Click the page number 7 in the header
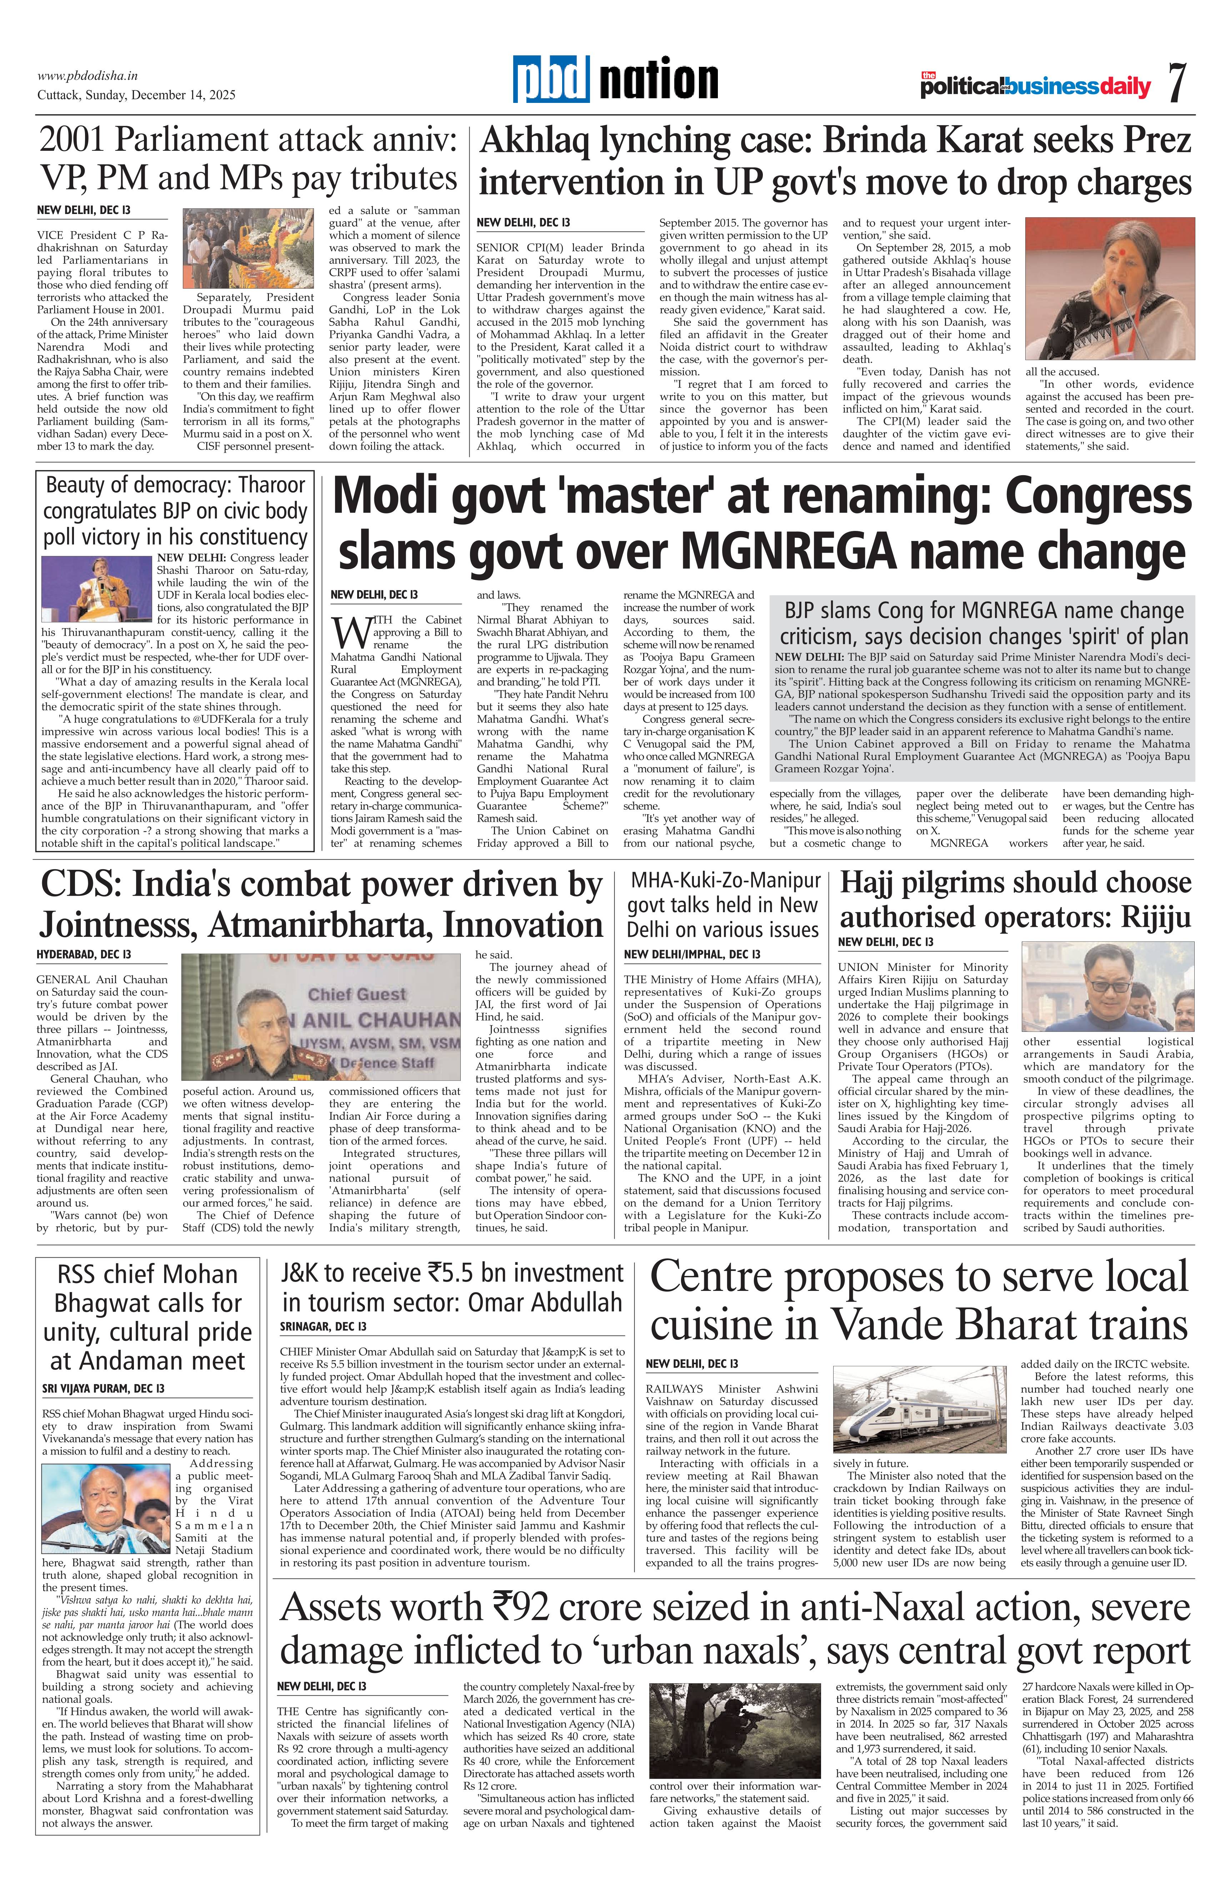tap(1176, 83)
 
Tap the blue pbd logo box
tap(551, 80)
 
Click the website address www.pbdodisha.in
tap(88, 76)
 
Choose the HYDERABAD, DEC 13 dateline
tap(84, 954)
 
